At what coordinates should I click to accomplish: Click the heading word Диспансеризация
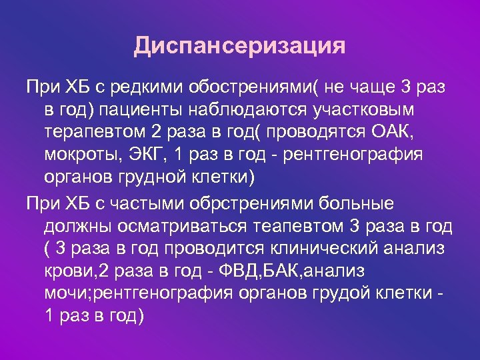point(239,46)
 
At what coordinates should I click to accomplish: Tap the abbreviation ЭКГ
point(147,154)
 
